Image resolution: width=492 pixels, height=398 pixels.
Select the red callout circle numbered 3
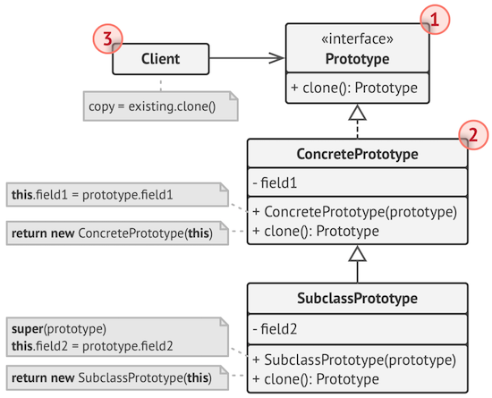click(x=106, y=38)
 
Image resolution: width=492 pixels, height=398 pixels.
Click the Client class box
click(x=160, y=60)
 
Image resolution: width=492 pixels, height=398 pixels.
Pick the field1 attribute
click(x=277, y=183)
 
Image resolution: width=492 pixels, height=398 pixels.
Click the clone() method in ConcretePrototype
click(x=322, y=231)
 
